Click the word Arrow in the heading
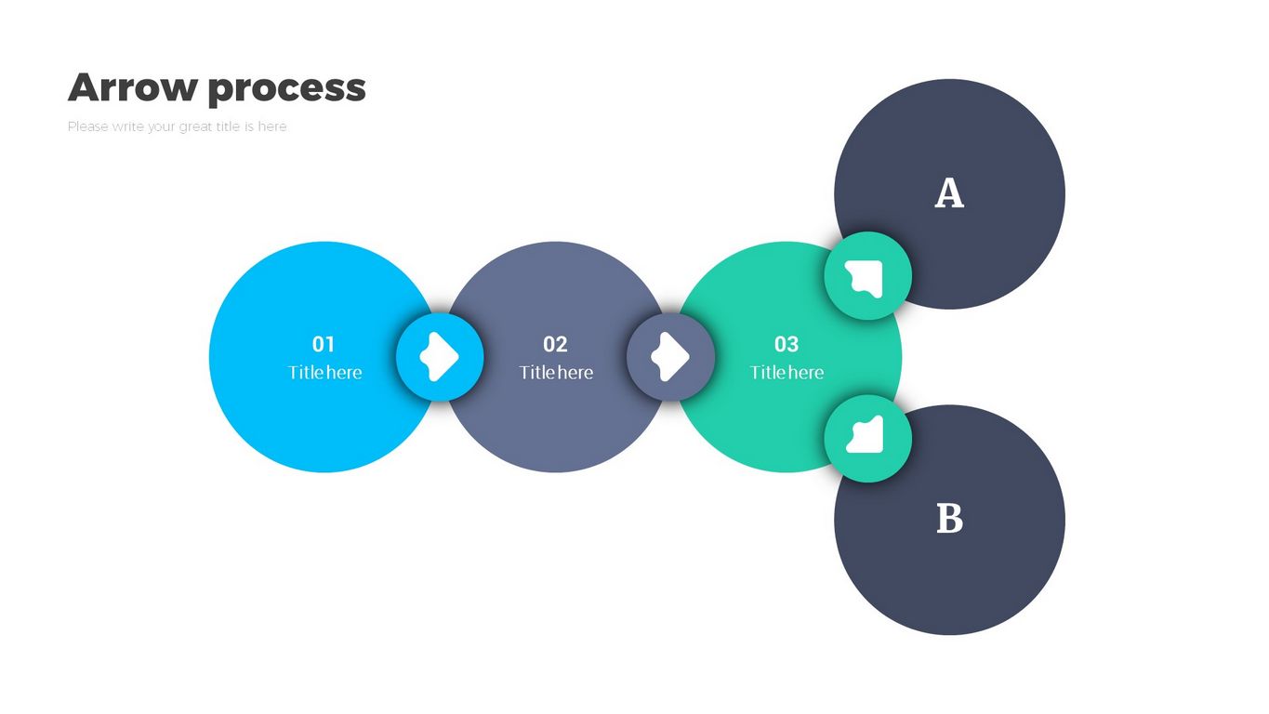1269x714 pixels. [132, 88]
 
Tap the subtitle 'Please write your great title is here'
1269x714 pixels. [177, 126]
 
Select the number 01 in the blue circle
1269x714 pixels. [323, 344]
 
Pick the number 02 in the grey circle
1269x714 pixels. [555, 344]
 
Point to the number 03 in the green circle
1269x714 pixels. [787, 344]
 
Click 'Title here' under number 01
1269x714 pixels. [324, 373]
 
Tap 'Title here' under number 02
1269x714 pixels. [556, 373]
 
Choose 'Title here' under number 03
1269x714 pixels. [787, 373]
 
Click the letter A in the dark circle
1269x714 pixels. [948, 193]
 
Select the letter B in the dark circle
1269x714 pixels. [948, 519]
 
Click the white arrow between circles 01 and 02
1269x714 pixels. [440, 357]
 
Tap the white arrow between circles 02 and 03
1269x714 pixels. [670, 357]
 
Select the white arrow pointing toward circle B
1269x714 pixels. [866, 436]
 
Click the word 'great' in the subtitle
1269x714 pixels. [195, 126]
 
